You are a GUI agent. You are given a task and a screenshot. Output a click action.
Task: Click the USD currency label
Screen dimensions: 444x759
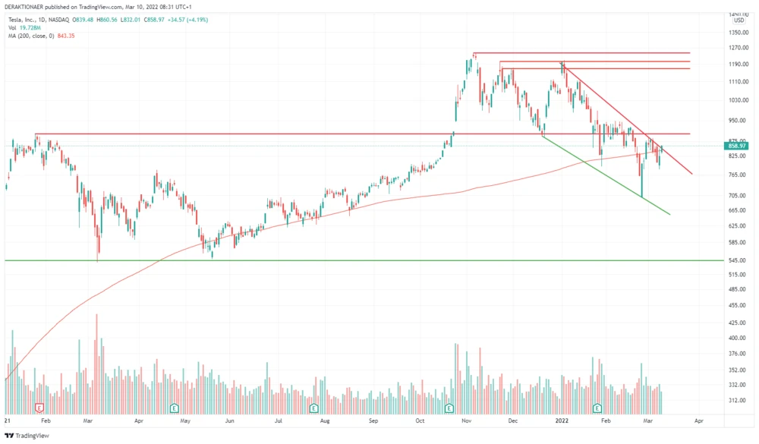click(x=739, y=20)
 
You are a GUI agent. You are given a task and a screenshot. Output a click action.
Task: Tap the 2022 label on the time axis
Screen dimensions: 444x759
click(x=562, y=420)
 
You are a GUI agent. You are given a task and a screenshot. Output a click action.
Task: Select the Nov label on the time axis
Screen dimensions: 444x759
click(x=468, y=420)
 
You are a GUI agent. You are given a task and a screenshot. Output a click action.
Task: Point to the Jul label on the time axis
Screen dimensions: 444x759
click(x=279, y=420)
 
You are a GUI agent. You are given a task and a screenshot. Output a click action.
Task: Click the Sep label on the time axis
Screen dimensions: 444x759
click(x=373, y=420)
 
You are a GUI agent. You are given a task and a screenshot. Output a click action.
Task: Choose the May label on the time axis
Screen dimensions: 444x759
click(x=184, y=420)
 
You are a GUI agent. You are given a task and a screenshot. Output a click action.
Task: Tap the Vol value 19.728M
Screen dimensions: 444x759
click(x=33, y=28)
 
